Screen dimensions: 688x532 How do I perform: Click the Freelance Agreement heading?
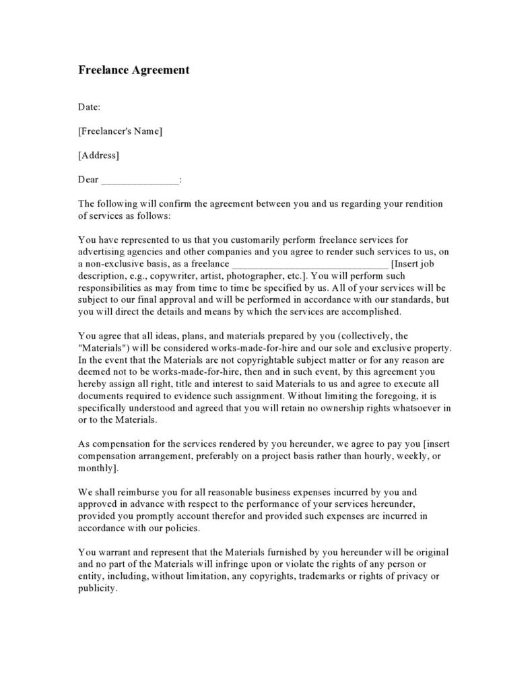(133, 70)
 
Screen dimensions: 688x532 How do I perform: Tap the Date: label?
(90, 106)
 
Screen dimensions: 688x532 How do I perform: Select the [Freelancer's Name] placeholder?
(120, 131)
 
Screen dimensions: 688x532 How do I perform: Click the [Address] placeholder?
(98, 156)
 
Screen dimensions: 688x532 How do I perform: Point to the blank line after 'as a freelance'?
(310, 264)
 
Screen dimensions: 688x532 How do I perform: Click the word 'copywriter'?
(177, 276)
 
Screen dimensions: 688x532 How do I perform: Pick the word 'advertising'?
(103, 252)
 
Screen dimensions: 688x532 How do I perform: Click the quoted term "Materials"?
(102, 347)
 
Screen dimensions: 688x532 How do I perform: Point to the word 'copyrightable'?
(281, 359)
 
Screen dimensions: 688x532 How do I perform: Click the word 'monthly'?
(96, 469)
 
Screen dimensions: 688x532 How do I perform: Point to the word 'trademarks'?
(332, 576)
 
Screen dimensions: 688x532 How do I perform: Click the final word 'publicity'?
(97, 588)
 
